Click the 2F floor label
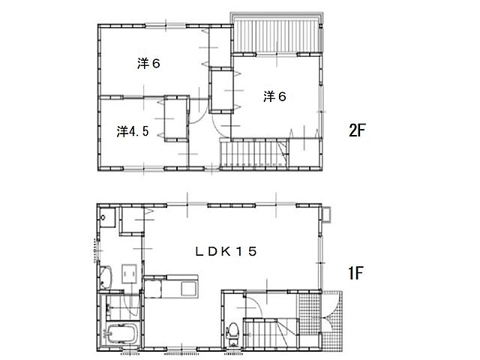[357, 130]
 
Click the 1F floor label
[355, 273]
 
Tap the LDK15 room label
[226, 252]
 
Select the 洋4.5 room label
[133, 131]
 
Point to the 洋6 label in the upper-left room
[148, 64]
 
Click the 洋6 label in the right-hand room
[274, 97]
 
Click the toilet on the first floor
[233, 334]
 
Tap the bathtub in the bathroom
[121, 334]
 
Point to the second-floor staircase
[254, 153]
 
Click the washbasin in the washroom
[105, 277]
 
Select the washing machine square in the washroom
[129, 274]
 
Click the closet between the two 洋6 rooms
[221, 91]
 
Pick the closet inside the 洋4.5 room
[176, 118]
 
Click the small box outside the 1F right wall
[326, 214]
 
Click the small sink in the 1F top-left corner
[106, 217]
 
